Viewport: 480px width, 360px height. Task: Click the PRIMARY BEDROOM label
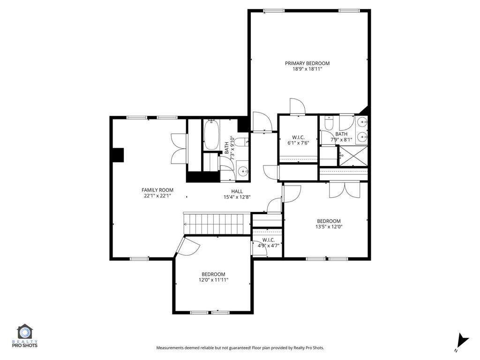307,63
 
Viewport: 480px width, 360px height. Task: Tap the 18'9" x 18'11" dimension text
307,69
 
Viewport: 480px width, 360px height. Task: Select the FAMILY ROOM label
157,190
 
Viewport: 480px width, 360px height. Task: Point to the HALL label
237,191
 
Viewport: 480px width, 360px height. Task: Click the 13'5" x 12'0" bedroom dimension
329,227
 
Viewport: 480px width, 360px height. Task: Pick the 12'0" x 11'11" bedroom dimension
213,280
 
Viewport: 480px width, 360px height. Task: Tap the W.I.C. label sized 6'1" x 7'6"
298,137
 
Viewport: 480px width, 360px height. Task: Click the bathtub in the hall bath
212,135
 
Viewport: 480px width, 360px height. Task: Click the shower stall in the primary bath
353,156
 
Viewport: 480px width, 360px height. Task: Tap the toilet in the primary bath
329,124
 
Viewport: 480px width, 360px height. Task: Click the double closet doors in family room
180,149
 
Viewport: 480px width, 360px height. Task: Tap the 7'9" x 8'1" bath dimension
341,139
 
